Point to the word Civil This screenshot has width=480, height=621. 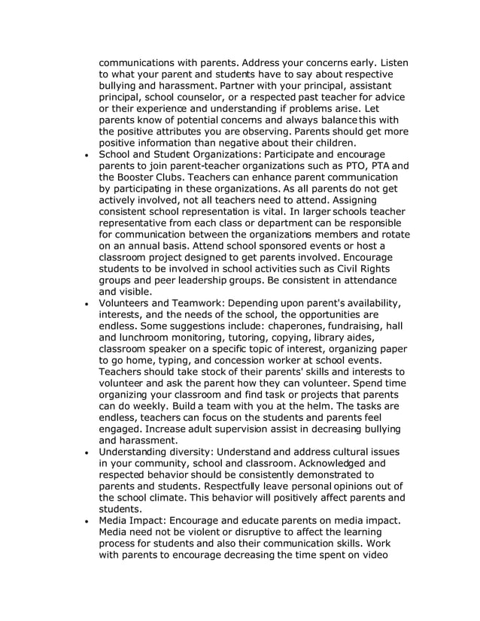(x=343, y=268)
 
